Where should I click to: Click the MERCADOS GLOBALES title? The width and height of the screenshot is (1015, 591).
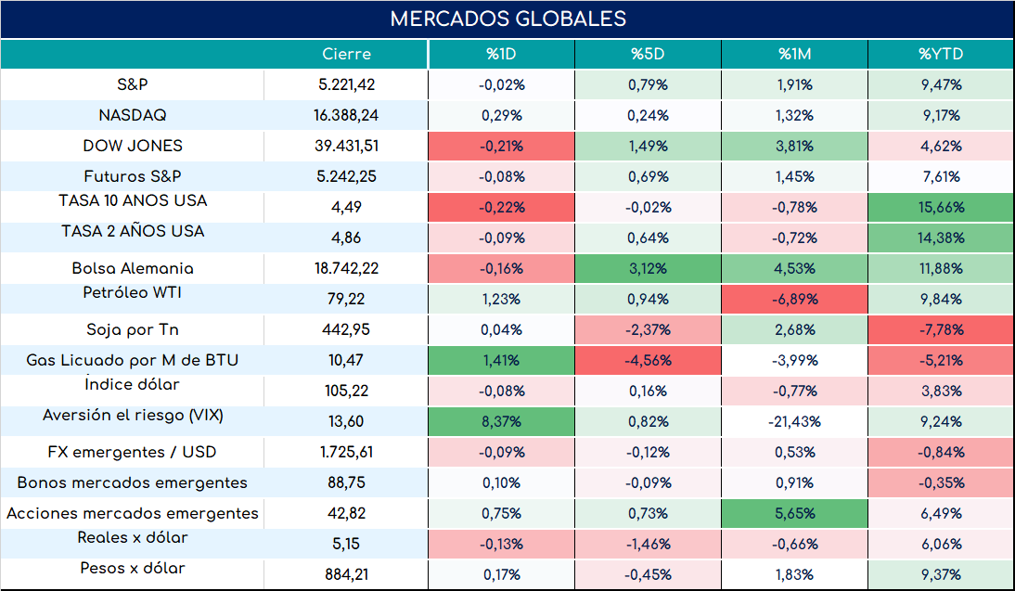[508, 19]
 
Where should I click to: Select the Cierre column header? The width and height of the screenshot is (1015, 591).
[346, 54]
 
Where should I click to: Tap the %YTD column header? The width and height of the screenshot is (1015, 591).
[941, 54]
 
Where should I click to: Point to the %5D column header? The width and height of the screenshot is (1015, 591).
[648, 54]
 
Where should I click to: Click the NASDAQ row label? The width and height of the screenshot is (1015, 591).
[132, 115]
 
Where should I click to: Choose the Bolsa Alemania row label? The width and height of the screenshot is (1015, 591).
[132, 268]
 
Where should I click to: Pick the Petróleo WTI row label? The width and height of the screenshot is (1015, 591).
[132, 292]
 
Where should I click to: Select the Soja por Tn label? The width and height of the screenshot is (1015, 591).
[132, 329]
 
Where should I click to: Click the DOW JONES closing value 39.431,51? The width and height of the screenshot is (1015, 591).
[346, 146]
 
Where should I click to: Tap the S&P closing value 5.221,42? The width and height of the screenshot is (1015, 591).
[346, 84]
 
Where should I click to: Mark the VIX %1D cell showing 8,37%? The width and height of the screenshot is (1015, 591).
[502, 421]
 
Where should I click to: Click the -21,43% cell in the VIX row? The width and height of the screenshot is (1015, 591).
[794, 421]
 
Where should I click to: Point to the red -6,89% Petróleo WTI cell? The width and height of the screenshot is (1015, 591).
[794, 299]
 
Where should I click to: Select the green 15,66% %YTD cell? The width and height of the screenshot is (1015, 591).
[941, 207]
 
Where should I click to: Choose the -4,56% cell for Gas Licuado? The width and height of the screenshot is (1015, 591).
[648, 360]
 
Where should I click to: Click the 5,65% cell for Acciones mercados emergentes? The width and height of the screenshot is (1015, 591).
[794, 513]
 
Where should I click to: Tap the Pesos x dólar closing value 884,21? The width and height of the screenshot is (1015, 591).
[346, 574]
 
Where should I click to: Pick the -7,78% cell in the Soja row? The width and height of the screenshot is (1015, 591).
[941, 329]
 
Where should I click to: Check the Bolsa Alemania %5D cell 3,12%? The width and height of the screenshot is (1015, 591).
[648, 268]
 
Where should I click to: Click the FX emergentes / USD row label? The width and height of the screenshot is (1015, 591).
[132, 452]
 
